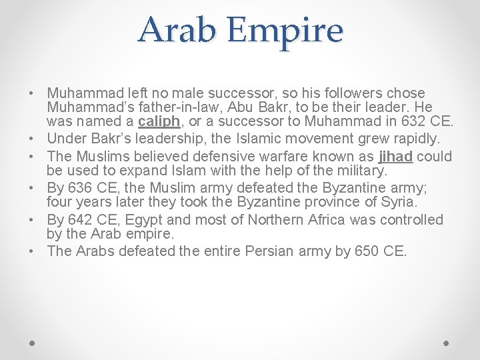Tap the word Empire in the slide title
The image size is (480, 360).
point(287,31)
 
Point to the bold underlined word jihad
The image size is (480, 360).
point(395,157)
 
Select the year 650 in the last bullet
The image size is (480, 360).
point(362,251)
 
